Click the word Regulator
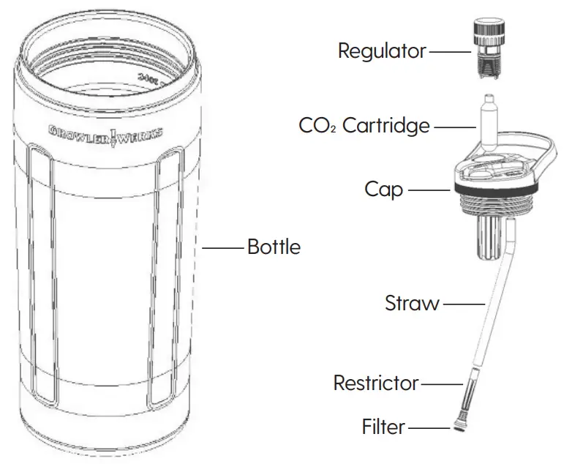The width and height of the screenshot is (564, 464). (381, 51)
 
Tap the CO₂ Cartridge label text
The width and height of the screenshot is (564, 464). (364, 126)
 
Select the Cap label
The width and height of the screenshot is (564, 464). (384, 190)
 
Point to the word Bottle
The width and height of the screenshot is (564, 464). (274, 247)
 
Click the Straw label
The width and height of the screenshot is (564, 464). (412, 303)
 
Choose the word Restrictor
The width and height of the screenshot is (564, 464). (376, 383)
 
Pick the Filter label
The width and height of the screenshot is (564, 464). (383, 426)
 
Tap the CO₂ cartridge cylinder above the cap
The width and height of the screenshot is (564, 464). (488, 121)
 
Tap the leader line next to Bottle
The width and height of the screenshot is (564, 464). (222, 248)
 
